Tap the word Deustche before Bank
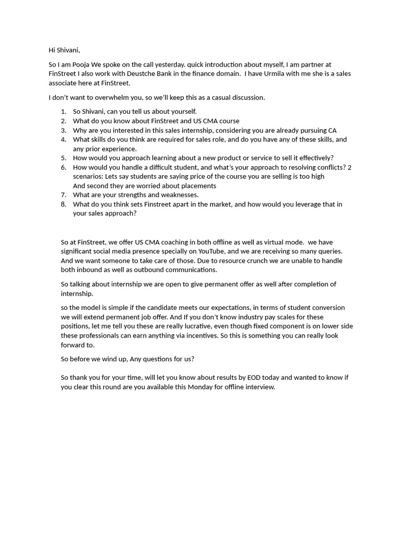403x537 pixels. point(143,74)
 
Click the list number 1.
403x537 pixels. point(63,112)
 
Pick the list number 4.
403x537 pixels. point(63,139)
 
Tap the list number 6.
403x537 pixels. point(63,167)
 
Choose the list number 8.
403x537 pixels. point(63,204)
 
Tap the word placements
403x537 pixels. point(198,186)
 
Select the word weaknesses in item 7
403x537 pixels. point(178,195)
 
